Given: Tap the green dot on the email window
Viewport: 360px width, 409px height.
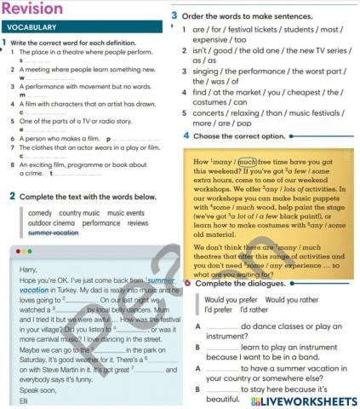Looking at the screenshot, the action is point(31,252).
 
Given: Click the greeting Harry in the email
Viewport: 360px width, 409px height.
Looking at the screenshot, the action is point(27,269).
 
